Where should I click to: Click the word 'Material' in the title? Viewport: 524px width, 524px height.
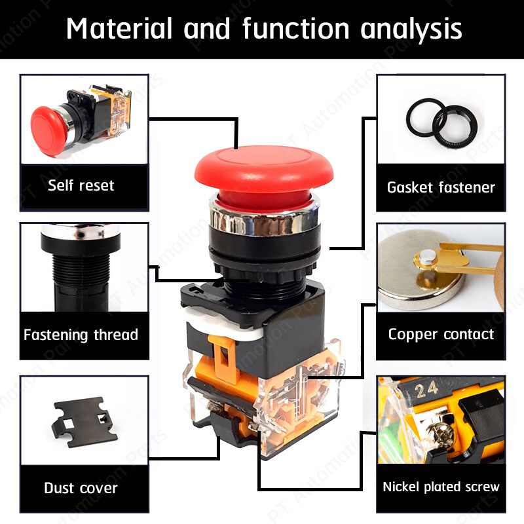click(119, 28)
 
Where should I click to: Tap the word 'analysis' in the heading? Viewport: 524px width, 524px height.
click(411, 30)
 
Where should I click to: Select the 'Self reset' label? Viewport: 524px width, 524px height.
click(81, 185)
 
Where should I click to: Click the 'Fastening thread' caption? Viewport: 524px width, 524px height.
click(81, 335)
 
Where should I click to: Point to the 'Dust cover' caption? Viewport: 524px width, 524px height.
click(81, 488)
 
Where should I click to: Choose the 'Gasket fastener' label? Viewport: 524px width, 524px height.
click(441, 187)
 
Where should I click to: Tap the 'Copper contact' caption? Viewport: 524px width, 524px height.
click(441, 335)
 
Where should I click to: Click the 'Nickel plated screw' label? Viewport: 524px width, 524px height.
click(441, 487)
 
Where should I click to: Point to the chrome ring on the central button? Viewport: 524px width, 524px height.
click(264, 217)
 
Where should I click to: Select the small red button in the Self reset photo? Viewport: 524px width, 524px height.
click(48, 131)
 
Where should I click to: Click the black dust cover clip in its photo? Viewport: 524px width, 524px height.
click(84, 421)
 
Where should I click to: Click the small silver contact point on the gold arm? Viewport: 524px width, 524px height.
click(428, 255)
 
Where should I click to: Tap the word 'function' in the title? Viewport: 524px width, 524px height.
click(296, 28)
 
